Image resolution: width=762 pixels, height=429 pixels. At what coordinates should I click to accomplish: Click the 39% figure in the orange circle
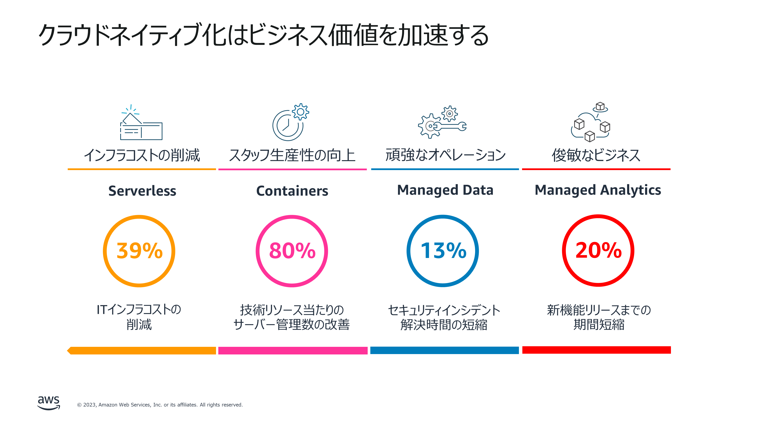[139, 251]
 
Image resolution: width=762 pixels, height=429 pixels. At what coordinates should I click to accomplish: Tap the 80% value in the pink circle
[292, 251]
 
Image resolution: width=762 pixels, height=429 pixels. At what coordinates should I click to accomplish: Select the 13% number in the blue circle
[443, 251]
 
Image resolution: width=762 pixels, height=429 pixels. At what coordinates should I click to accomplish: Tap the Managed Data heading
[445, 190]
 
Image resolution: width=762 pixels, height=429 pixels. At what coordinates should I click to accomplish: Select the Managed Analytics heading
[598, 190]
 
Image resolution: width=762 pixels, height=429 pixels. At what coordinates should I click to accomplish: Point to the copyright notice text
[160, 405]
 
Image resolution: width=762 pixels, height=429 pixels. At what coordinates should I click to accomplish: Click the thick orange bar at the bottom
[142, 351]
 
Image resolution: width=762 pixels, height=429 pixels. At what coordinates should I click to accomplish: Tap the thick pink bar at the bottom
[293, 351]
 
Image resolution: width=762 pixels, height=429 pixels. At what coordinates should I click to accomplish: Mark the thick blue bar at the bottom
[444, 350]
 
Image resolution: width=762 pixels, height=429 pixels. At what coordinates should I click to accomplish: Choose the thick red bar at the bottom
[596, 350]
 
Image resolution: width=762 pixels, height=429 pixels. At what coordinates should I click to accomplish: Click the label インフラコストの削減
[142, 155]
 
